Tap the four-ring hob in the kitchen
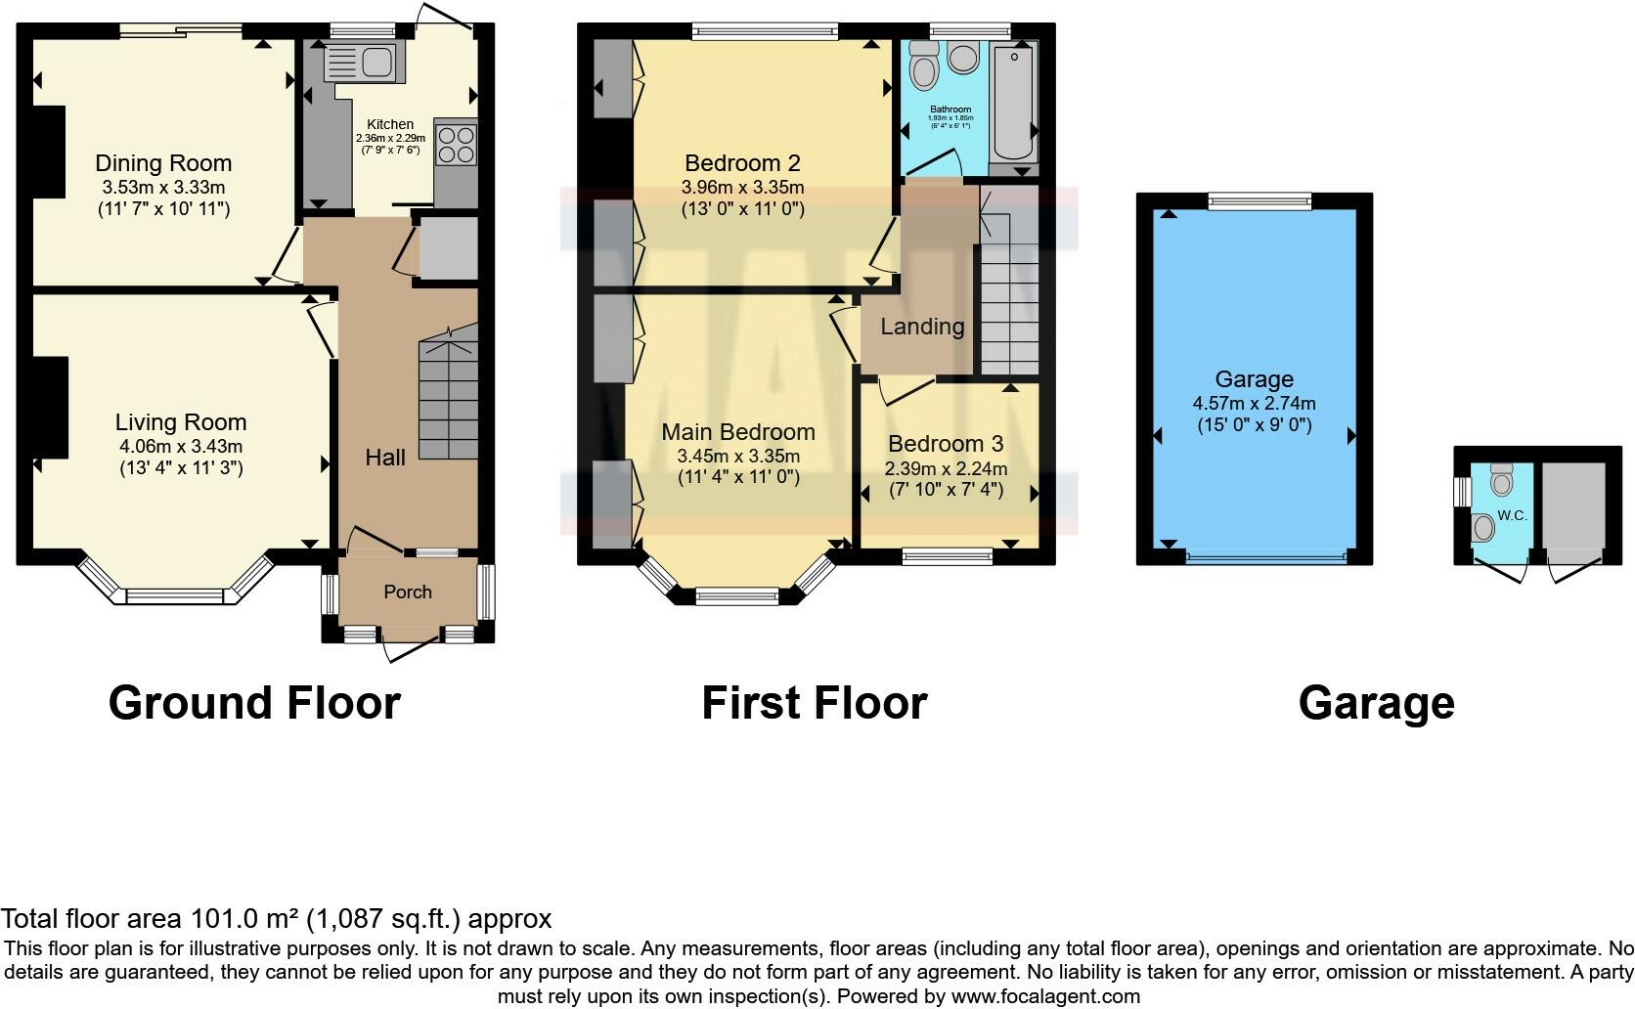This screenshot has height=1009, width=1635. point(455,145)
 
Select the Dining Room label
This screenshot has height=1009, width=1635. point(163,163)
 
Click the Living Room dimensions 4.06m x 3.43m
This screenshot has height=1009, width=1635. point(180,446)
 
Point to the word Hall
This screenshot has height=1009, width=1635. point(385,458)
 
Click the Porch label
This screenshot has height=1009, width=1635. point(408,592)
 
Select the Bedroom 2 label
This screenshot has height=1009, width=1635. point(742,163)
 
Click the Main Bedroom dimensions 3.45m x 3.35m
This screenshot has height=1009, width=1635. point(738,456)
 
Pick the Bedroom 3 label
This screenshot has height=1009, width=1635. point(946,444)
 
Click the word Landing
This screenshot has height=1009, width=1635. point(922,327)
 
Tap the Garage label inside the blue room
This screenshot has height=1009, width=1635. point(1254,379)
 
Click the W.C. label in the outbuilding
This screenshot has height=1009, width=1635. point(1512,515)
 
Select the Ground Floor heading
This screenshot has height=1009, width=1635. point(254,703)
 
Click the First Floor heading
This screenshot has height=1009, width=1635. point(814,703)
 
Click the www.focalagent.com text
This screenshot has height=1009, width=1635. point(1045,997)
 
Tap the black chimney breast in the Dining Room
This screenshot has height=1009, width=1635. point(47,152)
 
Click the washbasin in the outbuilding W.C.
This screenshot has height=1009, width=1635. point(1483,528)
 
